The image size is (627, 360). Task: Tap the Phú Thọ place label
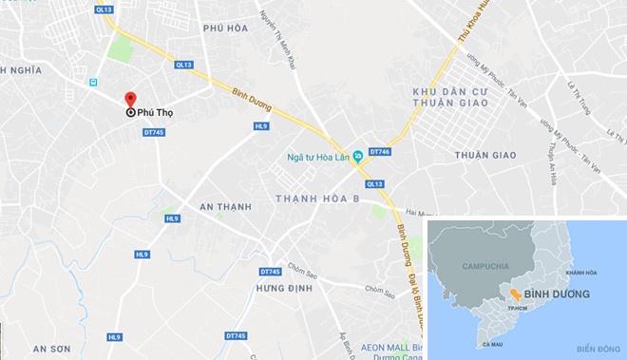(158, 112)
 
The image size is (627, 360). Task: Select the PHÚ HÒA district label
(226, 28)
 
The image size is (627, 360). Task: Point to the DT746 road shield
(380, 151)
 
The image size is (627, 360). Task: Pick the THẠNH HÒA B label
(316, 198)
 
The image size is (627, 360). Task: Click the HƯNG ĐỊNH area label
(283, 286)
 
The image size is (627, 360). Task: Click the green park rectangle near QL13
(120, 48)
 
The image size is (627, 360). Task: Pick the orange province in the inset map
(514, 294)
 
